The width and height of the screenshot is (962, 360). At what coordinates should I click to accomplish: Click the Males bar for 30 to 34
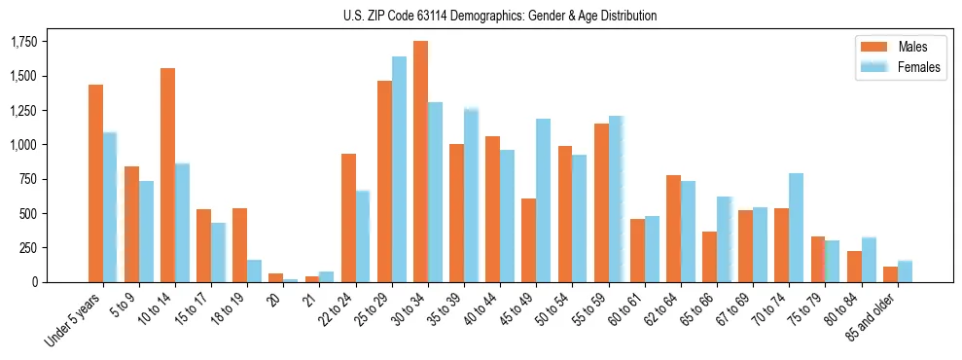coord(420,162)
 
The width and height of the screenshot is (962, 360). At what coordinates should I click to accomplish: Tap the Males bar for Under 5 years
coord(95,183)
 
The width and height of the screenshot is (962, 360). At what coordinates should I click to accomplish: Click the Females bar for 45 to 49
coord(543,200)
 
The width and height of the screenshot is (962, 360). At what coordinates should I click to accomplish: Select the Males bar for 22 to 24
coord(348,218)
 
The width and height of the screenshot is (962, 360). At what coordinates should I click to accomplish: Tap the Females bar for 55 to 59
coord(615,199)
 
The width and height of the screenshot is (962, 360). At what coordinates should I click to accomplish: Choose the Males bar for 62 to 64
coord(673,229)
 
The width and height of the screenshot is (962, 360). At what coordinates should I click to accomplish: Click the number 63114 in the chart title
coord(433,16)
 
